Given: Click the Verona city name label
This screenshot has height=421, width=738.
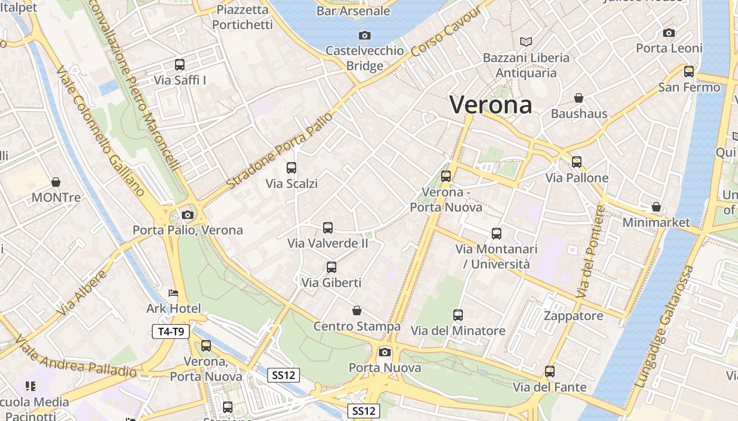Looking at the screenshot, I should [x=491, y=105].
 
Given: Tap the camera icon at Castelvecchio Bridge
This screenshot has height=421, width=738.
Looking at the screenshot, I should [x=364, y=35].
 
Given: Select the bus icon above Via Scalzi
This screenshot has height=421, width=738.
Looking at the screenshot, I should [x=291, y=168].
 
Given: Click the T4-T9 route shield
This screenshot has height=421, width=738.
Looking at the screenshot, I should [x=170, y=332].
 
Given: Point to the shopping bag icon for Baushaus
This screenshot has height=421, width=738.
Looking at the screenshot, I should [x=579, y=98].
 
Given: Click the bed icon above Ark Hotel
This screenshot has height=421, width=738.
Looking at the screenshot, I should [x=173, y=293].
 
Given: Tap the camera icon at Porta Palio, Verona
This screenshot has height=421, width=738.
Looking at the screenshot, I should [x=187, y=215].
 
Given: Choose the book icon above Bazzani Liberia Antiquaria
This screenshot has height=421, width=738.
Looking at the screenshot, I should [x=526, y=42].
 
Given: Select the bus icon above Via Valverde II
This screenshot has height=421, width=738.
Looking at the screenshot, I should [x=327, y=228].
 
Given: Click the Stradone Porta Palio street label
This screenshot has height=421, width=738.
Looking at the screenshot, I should [x=280, y=151].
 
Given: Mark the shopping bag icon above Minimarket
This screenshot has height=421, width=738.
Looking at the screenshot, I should [x=656, y=207].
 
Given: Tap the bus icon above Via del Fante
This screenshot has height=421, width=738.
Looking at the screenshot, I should [x=550, y=372].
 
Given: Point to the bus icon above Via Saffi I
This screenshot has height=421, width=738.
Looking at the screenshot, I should [x=180, y=65].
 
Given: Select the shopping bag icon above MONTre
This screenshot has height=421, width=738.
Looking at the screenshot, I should [x=56, y=182].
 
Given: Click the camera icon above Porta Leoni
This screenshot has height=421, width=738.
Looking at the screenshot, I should [x=669, y=33].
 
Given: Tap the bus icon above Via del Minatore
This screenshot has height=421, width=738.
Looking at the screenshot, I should [x=458, y=315].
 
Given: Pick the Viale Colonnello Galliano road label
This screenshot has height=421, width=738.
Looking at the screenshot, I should [x=100, y=132].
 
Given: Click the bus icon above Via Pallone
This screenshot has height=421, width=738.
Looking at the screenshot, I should [x=577, y=162].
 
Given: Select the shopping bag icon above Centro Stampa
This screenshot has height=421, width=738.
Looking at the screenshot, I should [x=357, y=310].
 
